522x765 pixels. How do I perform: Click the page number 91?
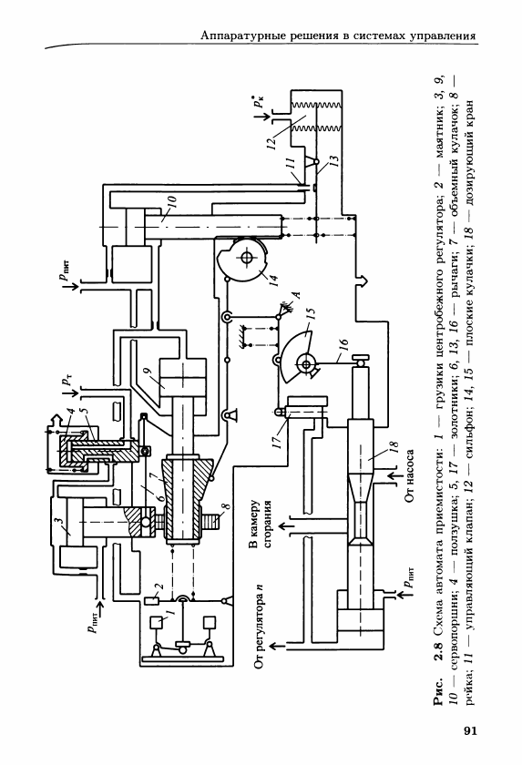tap(469, 729)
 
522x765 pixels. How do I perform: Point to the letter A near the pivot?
tap(296, 294)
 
